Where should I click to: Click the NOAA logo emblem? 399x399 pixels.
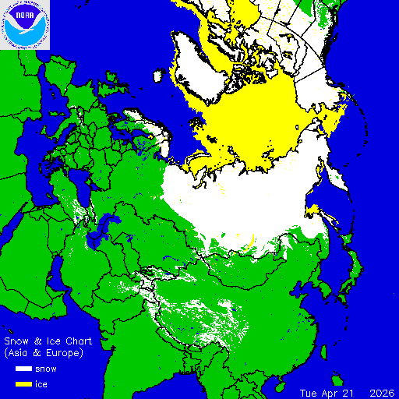[x=25, y=25]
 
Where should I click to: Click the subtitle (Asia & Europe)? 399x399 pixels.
[x=44, y=353]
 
